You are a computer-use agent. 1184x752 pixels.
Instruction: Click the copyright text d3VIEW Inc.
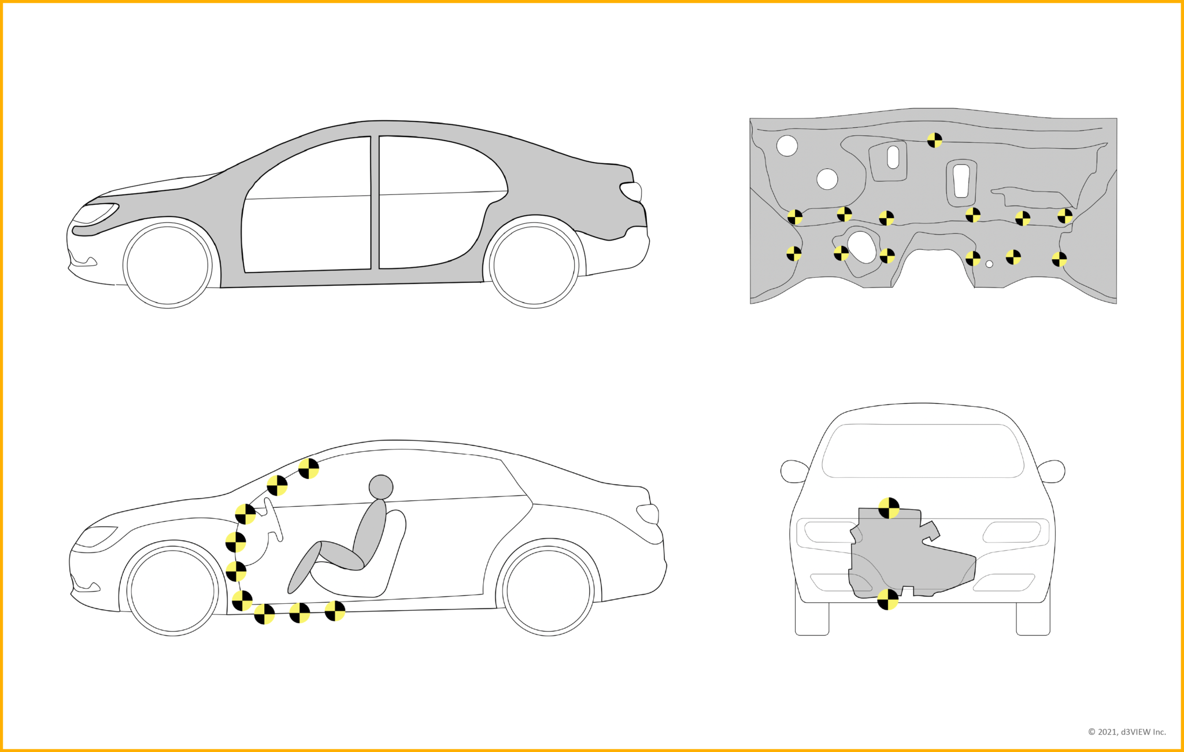click(x=1127, y=732)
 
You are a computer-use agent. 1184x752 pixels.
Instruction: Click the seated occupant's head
click(x=381, y=487)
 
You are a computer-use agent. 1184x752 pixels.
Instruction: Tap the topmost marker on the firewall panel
click(x=934, y=140)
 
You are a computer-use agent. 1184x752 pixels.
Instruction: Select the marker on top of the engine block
click(x=889, y=508)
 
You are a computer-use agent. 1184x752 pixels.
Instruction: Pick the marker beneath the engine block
click(x=887, y=600)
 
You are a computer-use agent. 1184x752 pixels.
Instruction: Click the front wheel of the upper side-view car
click(x=168, y=264)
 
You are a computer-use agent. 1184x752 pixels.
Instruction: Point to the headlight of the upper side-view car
click(x=94, y=213)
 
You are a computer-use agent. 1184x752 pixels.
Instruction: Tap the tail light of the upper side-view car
click(x=632, y=191)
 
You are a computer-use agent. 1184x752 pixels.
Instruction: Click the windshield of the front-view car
click(x=923, y=451)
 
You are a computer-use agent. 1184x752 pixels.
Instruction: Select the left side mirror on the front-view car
click(x=794, y=471)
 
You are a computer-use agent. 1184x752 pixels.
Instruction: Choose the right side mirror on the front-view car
click(x=1052, y=471)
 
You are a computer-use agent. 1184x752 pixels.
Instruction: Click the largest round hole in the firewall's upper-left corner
click(x=787, y=146)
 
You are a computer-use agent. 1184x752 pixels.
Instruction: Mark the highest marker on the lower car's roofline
click(x=309, y=468)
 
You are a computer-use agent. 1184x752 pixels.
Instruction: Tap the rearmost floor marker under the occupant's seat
click(x=335, y=610)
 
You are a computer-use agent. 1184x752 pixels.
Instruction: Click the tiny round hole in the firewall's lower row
click(x=989, y=264)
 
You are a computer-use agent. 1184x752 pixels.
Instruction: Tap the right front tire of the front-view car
click(x=1033, y=619)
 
